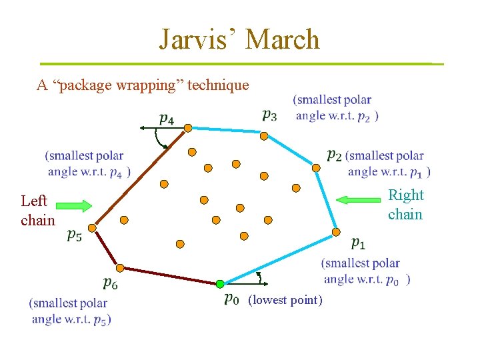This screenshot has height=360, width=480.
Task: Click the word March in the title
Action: [283, 40]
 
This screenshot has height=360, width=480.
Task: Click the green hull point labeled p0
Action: [220, 283]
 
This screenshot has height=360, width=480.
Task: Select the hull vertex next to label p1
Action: [336, 232]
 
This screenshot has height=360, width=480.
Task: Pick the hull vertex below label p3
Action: [263, 136]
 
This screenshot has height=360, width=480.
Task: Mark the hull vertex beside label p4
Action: [188, 127]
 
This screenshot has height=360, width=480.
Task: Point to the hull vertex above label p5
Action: [92, 228]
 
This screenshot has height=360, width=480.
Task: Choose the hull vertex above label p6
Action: [119, 268]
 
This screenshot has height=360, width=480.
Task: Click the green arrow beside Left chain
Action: [79, 206]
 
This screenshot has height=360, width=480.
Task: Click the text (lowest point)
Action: [285, 301]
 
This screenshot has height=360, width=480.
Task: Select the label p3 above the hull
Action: [269, 115]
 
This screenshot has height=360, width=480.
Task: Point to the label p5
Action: [75, 235]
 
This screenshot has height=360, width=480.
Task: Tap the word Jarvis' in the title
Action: [197, 40]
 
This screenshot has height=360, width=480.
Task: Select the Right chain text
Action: [405, 204]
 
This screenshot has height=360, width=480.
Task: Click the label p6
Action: [110, 284]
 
